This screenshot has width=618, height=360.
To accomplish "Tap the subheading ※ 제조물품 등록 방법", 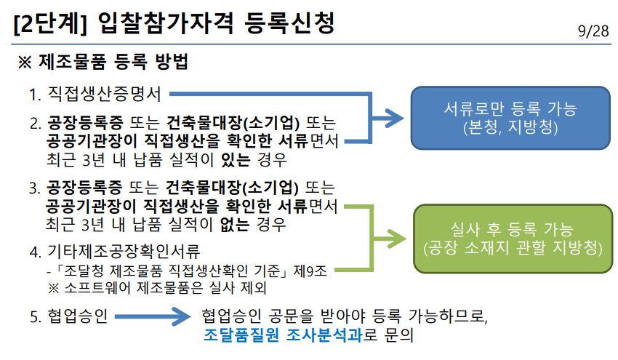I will point(103,63).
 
